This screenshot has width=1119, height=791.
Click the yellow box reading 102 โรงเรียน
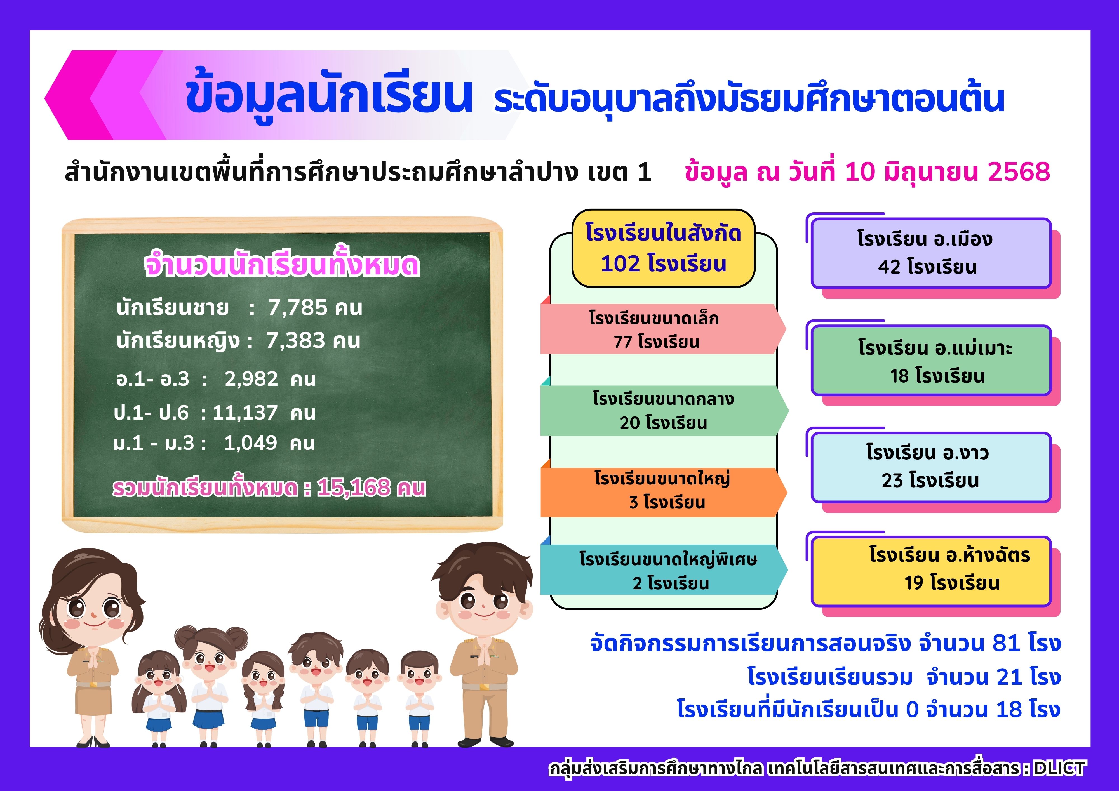[x=663, y=248]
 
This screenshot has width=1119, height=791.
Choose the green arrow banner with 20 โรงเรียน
[x=664, y=410]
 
